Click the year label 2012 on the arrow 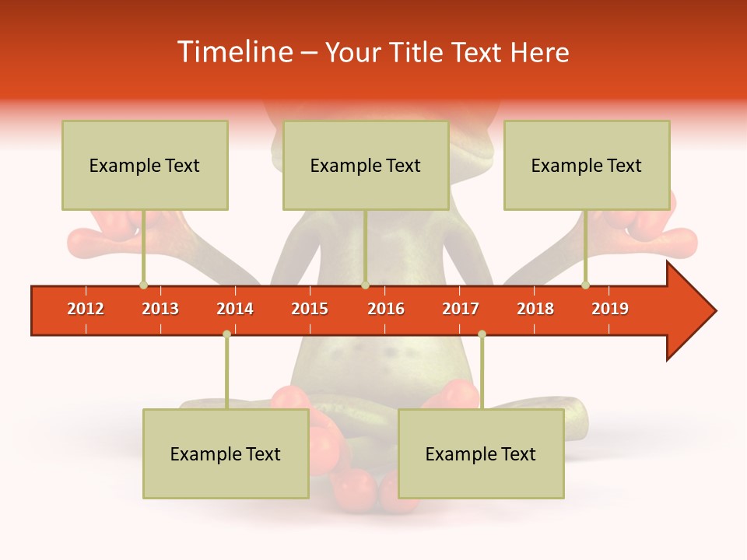tap(86, 309)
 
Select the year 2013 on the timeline tap(160, 309)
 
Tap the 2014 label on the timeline tap(235, 309)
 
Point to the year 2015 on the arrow tap(310, 309)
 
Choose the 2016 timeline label tap(386, 309)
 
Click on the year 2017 tap(461, 309)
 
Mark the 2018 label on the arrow tap(535, 309)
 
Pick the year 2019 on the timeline tap(610, 309)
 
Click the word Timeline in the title tap(233, 52)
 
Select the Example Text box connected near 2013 tap(145, 165)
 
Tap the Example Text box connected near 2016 tap(366, 165)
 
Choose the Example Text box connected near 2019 tap(587, 165)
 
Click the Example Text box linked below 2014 tap(226, 453)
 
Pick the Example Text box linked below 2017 tap(481, 453)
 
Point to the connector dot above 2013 tap(143, 285)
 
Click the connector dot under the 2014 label tap(226, 334)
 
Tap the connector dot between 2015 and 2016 tap(365, 285)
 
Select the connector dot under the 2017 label tap(482, 334)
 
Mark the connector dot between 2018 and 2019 tap(585, 285)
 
